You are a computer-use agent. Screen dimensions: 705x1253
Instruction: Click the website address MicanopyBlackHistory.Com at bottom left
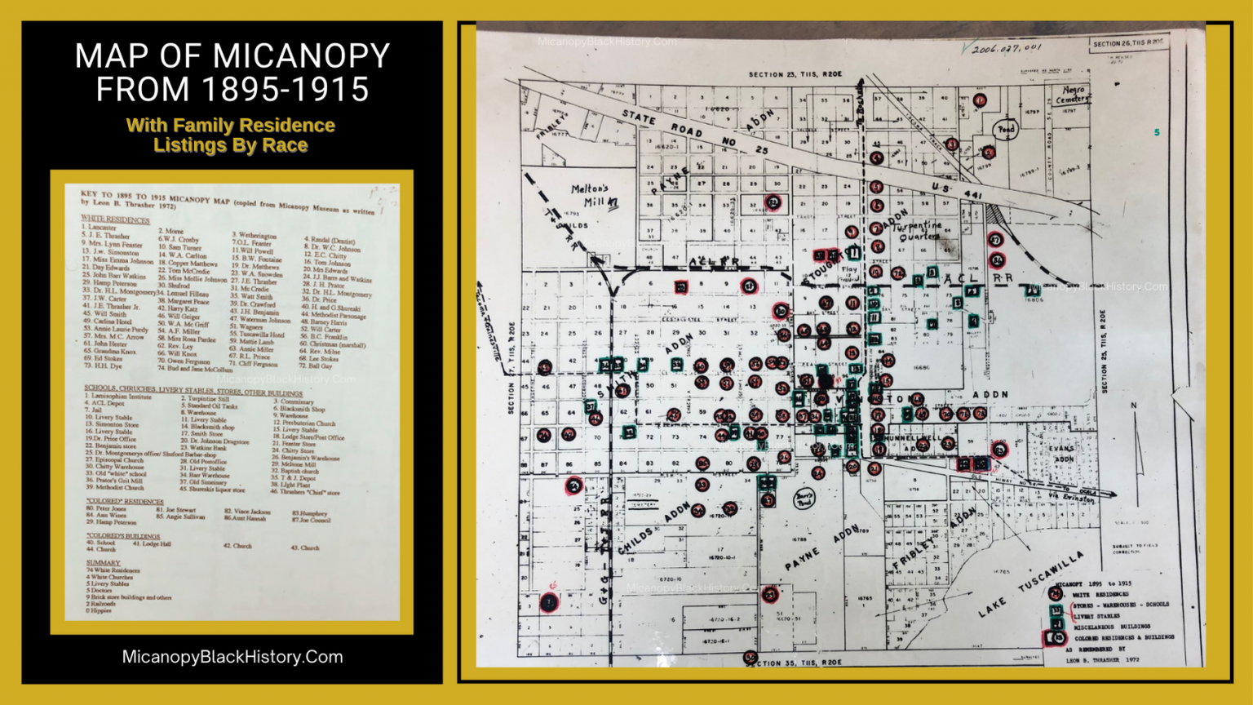232,657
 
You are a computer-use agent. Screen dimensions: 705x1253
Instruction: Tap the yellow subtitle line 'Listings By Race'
231,145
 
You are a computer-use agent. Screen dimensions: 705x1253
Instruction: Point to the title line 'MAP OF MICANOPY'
232,56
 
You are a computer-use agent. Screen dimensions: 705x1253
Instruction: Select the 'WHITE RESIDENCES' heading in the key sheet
115,219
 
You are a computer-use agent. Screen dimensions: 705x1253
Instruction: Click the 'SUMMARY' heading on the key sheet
103,563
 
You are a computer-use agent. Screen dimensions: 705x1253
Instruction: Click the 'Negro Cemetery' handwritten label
1073,94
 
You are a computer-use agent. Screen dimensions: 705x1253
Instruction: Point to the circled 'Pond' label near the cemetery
1006,129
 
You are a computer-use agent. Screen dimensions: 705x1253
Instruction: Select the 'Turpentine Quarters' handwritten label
919,230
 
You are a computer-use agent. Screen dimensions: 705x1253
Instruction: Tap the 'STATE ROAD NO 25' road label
693,133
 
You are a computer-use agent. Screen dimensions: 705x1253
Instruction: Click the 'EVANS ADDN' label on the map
1061,454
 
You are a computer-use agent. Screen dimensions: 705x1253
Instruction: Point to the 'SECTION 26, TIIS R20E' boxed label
1128,43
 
